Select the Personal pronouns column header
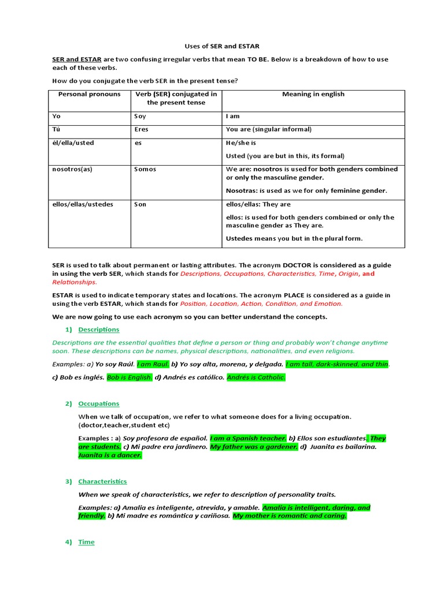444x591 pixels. [89, 94]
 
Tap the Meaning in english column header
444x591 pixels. [313, 94]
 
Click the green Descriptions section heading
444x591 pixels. [99, 330]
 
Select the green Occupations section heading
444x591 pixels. [99, 403]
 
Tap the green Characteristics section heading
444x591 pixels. [102, 481]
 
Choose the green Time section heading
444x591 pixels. [86, 542]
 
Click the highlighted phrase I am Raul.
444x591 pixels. [153, 364]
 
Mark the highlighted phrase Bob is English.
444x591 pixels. [129, 377]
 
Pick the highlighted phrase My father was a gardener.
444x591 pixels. [254, 447]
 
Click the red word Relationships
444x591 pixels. [74, 282]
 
